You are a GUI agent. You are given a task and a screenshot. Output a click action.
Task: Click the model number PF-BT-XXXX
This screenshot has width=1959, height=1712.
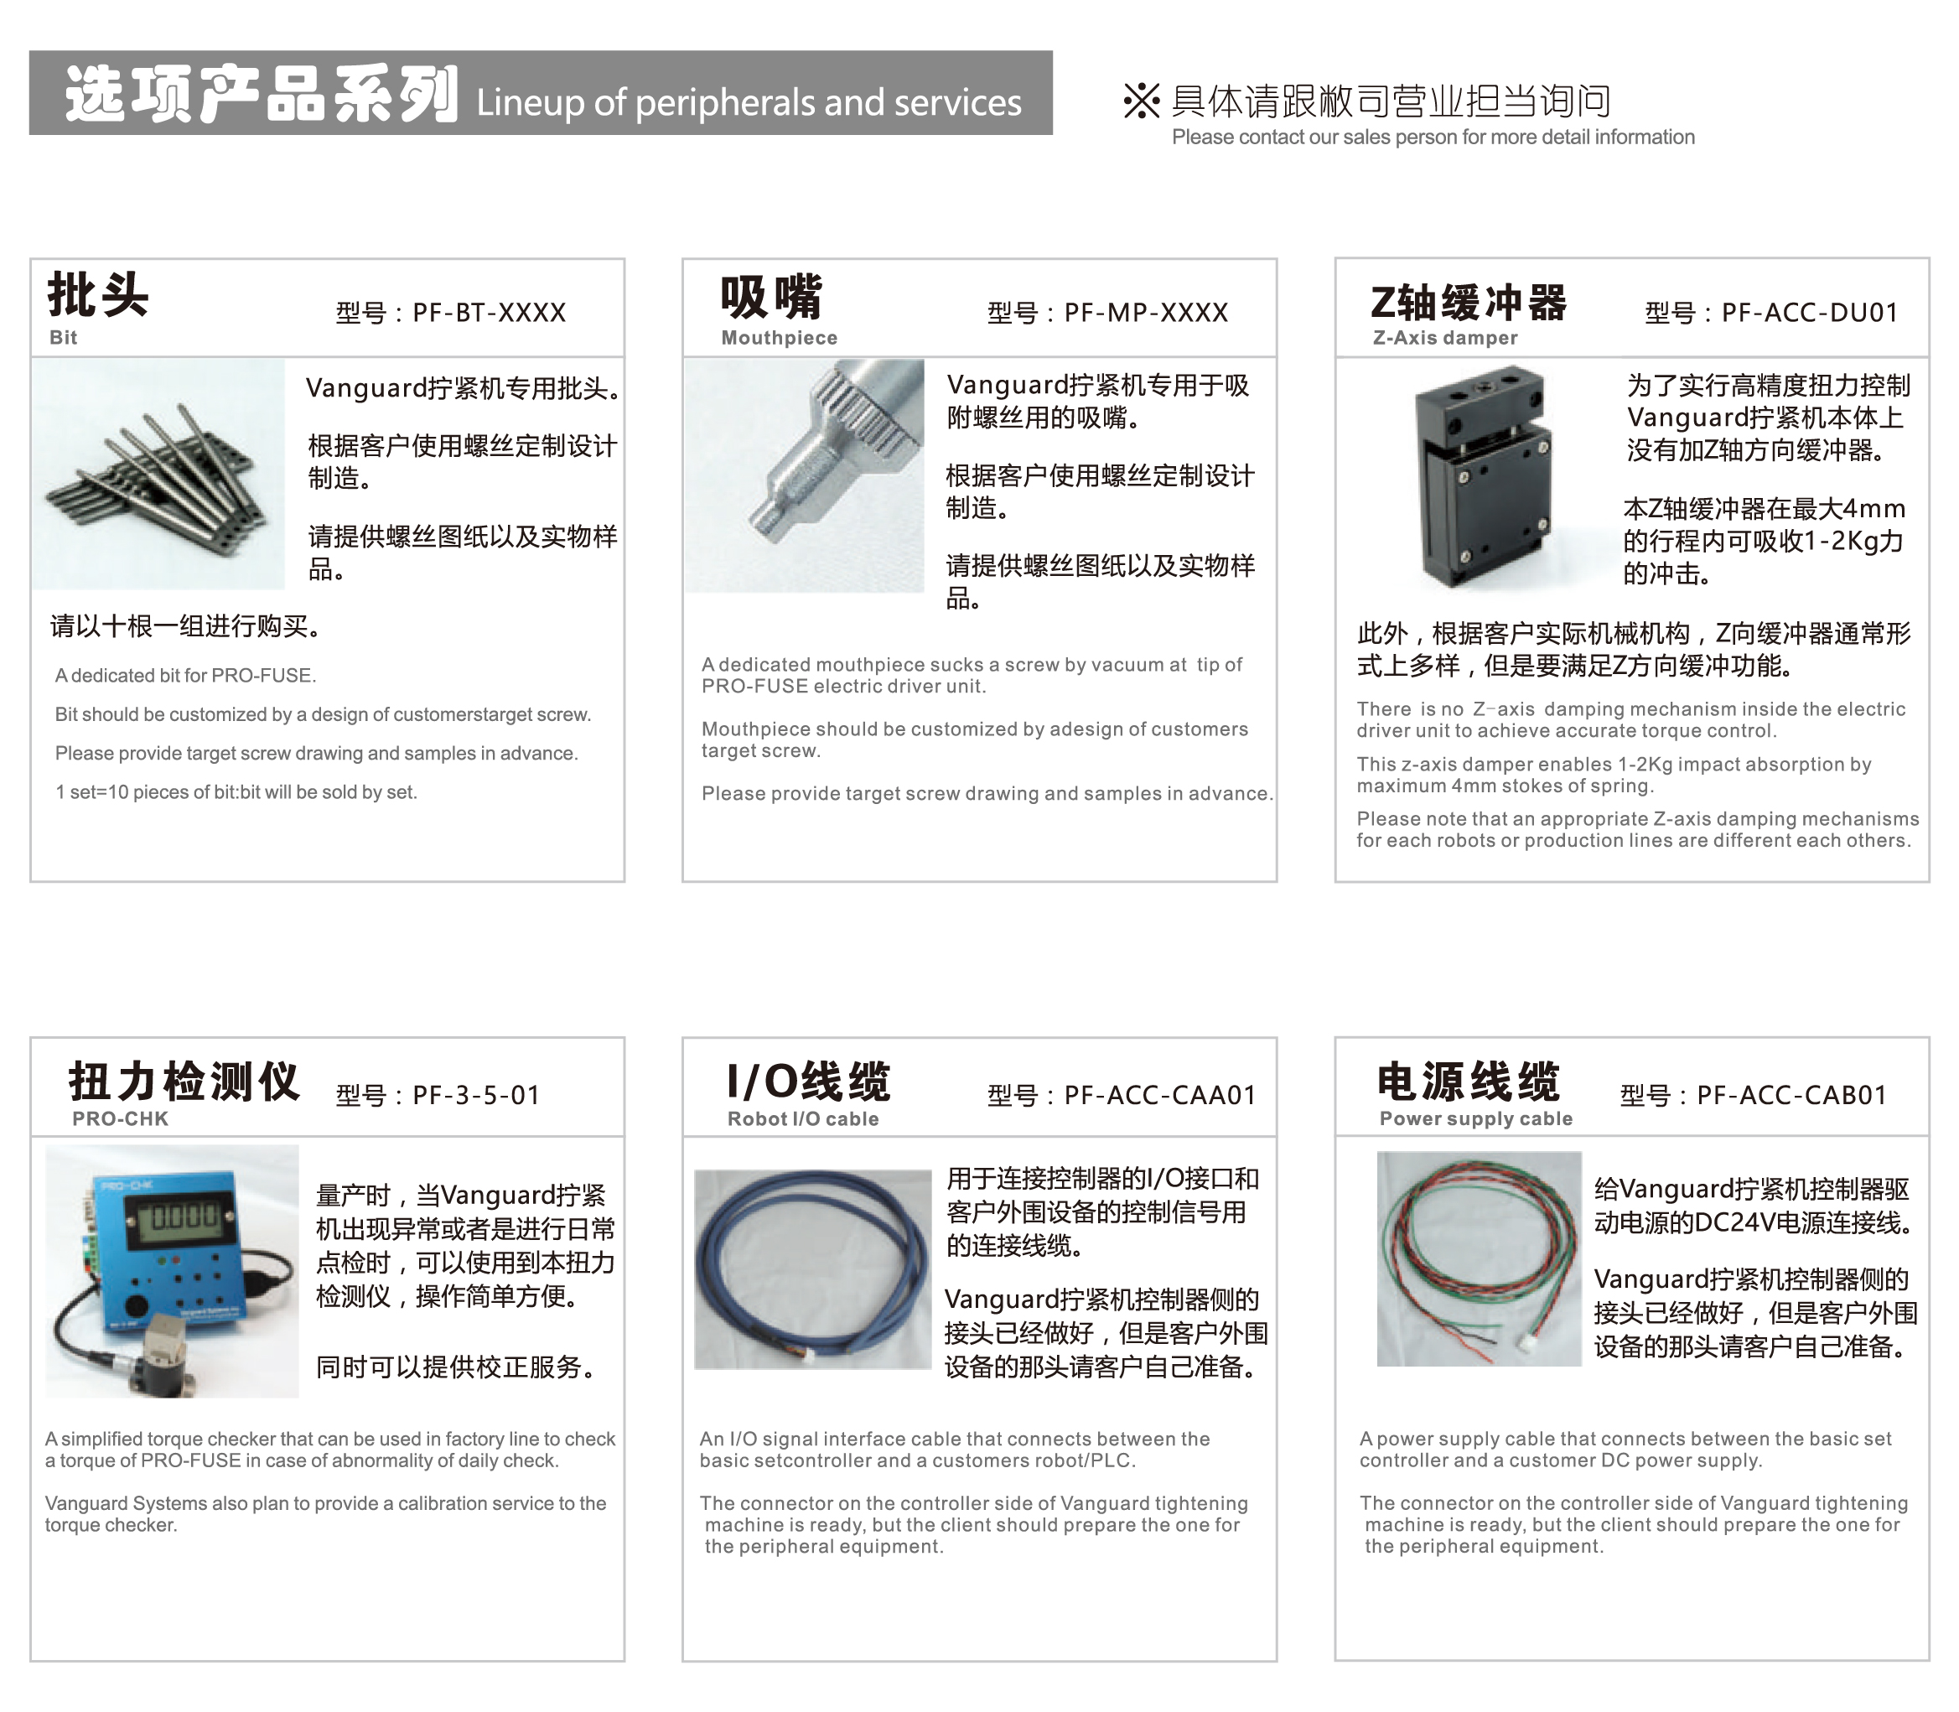(489, 313)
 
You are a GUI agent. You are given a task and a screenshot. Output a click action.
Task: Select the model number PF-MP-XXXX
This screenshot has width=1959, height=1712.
(1146, 313)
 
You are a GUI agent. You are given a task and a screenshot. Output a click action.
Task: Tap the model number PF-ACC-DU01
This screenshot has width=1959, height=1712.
(1809, 313)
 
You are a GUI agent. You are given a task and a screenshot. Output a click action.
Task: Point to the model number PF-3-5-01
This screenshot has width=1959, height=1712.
(477, 1095)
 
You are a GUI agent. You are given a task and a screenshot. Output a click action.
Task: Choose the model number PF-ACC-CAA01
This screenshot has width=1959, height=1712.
(1159, 1095)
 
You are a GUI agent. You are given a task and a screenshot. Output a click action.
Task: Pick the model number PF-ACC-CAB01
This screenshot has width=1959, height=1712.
(1792, 1095)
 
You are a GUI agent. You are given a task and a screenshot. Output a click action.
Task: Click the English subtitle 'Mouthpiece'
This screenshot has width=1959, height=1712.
(780, 337)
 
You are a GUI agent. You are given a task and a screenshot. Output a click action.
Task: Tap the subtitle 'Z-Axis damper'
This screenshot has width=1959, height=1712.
(1445, 337)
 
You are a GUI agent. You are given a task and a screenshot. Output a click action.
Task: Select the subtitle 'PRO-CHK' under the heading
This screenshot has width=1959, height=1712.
(121, 1118)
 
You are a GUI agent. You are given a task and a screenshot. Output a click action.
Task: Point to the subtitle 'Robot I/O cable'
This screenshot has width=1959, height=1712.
(803, 1118)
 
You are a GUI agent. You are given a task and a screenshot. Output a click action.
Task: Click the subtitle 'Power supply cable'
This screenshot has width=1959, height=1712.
(1475, 1118)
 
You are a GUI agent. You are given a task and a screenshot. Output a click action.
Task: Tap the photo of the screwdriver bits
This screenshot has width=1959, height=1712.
(158, 474)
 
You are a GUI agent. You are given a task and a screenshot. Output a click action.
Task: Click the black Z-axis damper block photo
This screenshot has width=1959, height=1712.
(1480, 475)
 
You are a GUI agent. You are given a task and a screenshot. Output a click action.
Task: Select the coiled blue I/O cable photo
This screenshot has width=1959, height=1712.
(813, 1268)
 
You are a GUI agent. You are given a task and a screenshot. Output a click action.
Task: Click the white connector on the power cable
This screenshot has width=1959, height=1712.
(1529, 1342)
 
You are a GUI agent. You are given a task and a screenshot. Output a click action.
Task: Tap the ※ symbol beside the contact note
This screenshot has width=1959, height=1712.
(1142, 101)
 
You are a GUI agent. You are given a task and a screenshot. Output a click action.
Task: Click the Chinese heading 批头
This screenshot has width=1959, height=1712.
(98, 294)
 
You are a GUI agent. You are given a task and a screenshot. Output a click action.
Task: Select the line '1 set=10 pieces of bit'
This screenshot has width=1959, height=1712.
(236, 792)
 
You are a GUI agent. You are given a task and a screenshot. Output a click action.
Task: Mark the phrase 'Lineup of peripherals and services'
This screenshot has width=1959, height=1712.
(749, 103)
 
